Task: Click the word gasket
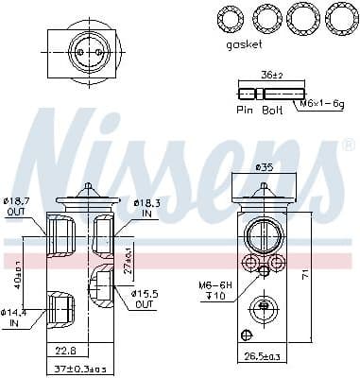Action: tap(245, 44)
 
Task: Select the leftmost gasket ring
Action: tap(228, 18)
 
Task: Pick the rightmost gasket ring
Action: tap(338, 18)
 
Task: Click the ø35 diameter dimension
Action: tap(266, 167)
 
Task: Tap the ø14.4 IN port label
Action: tap(14, 318)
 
